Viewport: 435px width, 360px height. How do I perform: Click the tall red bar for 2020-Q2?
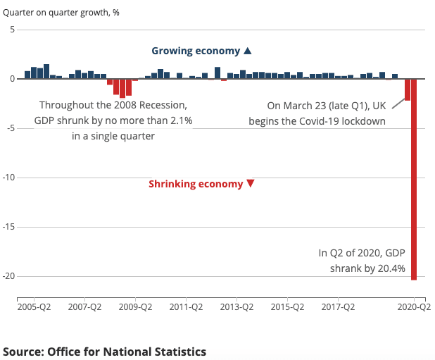point(414,180)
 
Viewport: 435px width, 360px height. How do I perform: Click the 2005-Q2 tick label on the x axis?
point(34,307)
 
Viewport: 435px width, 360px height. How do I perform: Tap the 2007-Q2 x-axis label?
point(84,307)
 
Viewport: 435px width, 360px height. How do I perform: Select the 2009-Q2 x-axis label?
point(136,307)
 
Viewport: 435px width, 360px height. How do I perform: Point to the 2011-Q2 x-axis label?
point(187,307)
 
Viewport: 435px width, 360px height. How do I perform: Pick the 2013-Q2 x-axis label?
point(237,307)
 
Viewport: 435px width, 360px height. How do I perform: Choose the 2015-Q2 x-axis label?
point(288,307)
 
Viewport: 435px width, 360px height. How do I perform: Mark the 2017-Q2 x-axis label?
point(339,307)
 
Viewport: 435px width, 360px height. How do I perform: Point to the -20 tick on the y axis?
point(8,276)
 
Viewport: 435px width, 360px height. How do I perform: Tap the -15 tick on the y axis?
point(8,227)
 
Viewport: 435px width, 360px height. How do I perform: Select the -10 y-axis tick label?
point(8,178)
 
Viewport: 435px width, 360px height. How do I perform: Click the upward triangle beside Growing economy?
point(247,51)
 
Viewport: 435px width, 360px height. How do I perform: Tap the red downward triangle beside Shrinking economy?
point(250,184)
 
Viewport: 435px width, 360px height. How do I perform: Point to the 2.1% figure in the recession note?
point(178,120)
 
